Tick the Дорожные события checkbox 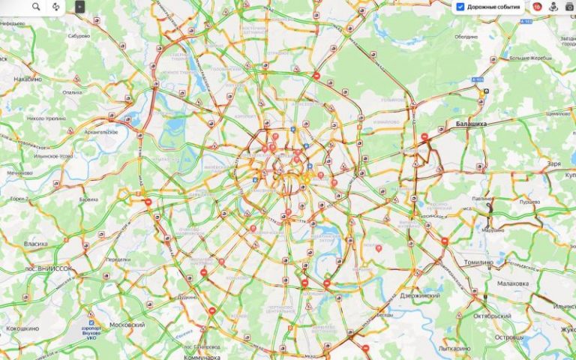[x=460, y=7]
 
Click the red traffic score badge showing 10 [x=537, y=7]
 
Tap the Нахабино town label [x=27, y=78]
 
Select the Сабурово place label [x=79, y=35]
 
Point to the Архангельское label [x=103, y=131]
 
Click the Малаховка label [x=513, y=283]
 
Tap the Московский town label [x=127, y=325]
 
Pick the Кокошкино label [x=22, y=328]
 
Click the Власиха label [x=35, y=244]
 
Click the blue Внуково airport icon [x=91, y=323]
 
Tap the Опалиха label [x=73, y=91]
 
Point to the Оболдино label [x=466, y=36]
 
